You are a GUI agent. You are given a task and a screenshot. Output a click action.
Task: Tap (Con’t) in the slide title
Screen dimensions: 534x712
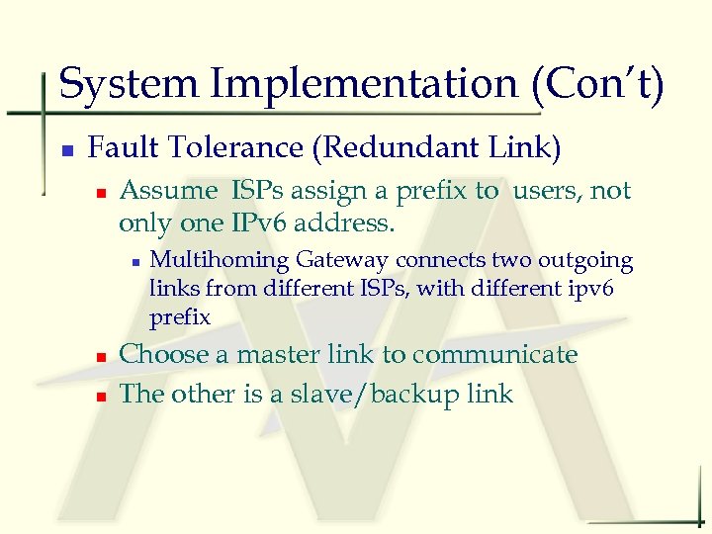pos(598,84)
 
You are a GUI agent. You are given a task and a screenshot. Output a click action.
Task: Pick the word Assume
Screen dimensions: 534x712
pos(168,190)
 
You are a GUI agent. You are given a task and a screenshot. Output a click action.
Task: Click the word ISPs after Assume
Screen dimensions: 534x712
pos(261,190)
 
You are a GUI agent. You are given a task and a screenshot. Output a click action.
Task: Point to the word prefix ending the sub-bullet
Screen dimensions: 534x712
pos(180,317)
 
